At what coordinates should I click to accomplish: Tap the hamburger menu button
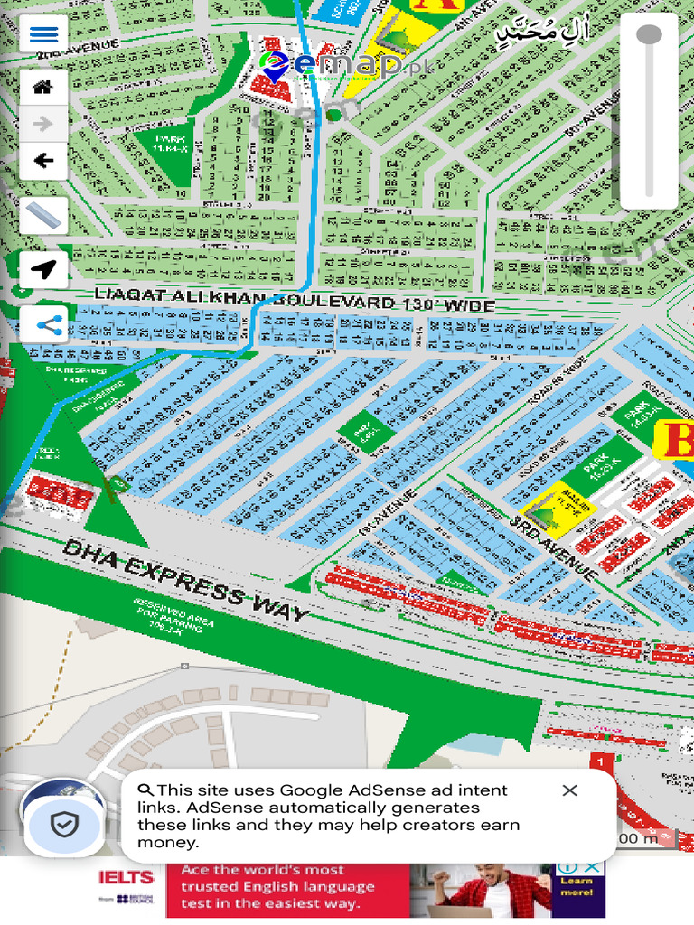pyautogui.click(x=43, y=34)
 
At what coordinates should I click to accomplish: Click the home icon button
pyautogui.click(x=43, y=88)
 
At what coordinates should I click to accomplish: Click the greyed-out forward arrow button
pyautogui.click(x=43, y=124)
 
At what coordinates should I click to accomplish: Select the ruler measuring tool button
pyautogui.click(x=43, y=215)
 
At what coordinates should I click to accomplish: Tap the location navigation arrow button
pyautogui.click(x=43, y=269)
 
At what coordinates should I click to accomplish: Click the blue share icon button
pyautogui.click(x=43, y=323)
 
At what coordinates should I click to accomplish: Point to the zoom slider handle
pyautogui.click(x=649, y=35)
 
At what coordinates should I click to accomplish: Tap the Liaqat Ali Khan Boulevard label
pyautogui.click(x=295, y=299)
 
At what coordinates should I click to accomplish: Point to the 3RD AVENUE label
pyautogui.click(x=553, y=548)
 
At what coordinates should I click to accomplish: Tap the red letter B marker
pyautogui.click(x=680, y=440)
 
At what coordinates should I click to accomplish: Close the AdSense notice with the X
pyautogui.click(x=569, y=790)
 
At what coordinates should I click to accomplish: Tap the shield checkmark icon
pyautogui.click(x=64, y=823)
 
